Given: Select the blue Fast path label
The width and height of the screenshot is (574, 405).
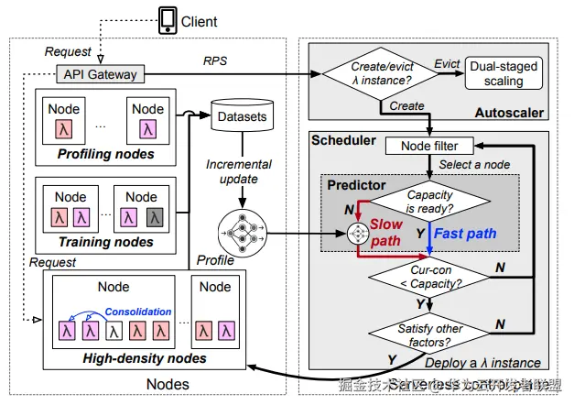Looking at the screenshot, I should (x=465, y=234).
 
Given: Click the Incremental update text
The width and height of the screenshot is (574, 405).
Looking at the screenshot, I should (x=240, y=171).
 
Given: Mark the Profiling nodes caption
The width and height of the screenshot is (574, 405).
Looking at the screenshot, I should (x=105, y=154).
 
